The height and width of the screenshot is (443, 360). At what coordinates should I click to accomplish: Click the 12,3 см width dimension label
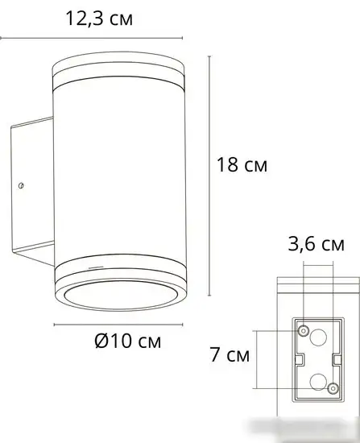[99, 19]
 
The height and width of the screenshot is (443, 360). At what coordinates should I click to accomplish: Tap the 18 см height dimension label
[242, 164]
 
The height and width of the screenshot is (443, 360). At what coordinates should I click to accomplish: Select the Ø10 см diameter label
[128, 341]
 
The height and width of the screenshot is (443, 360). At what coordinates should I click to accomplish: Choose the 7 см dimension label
[230, 354]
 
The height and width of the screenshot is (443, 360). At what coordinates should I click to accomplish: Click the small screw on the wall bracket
[20, 185]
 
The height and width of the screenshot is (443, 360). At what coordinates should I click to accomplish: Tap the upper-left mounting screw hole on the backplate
[304, 330]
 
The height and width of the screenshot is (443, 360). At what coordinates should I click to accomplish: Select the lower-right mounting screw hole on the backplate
[333, 388]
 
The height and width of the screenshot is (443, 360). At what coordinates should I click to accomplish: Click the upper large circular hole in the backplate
[318, 337]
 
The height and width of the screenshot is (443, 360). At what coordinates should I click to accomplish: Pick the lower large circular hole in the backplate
[318, 382]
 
